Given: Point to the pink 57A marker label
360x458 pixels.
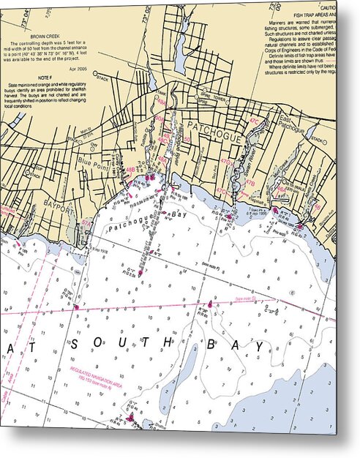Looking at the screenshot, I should pos(86,223).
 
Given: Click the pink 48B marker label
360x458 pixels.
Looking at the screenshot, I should pos(130,170).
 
